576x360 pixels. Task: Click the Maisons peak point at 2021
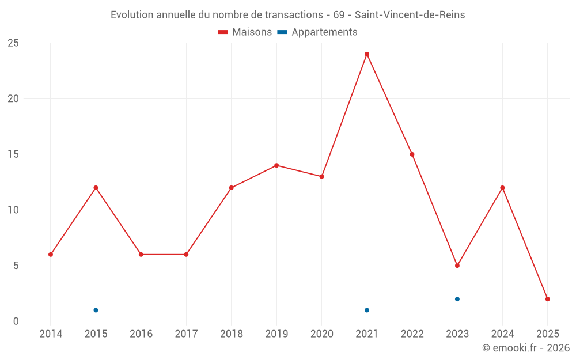click(367, 54)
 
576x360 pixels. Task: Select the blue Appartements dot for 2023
click(457, 299)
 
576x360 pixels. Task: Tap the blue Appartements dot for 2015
click(96, 310)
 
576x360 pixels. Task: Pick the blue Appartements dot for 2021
click(367, 310)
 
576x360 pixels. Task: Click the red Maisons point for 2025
click(548, 299)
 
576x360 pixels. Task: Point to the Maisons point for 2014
click(51, 255)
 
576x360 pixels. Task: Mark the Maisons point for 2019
click(276, 165)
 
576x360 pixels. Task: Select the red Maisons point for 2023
click(457, 266)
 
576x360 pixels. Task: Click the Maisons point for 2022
click(412, 154)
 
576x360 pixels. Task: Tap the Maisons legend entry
click(245, 32)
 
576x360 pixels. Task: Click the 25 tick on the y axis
click(13, 43)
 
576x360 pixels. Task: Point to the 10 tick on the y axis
click(13, 210)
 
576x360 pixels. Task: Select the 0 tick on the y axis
click(16, 321)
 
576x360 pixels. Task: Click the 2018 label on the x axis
click(231, 334)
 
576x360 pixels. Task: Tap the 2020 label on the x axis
click(321, 334)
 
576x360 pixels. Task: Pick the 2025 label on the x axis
click(548, 334)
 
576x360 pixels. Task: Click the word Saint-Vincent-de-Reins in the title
click(410, 15)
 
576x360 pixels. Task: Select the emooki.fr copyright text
click(526, 348)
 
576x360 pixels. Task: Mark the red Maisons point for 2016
click(141, 255)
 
